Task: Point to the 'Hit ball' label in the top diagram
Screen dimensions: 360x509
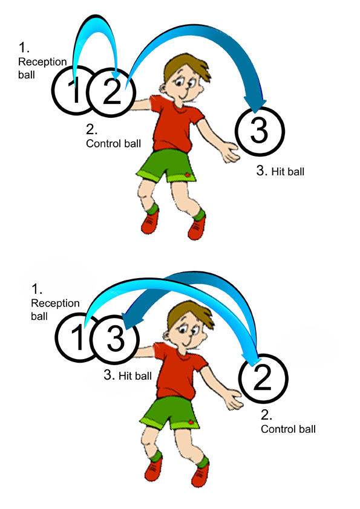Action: coord(280,170)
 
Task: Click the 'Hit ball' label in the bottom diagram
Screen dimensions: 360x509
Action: coord(128,375)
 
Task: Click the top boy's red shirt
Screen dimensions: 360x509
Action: coord(175,123)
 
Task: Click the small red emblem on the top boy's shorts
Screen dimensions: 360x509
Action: coord(188,175)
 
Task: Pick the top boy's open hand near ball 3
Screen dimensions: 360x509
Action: coord(230,152)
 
